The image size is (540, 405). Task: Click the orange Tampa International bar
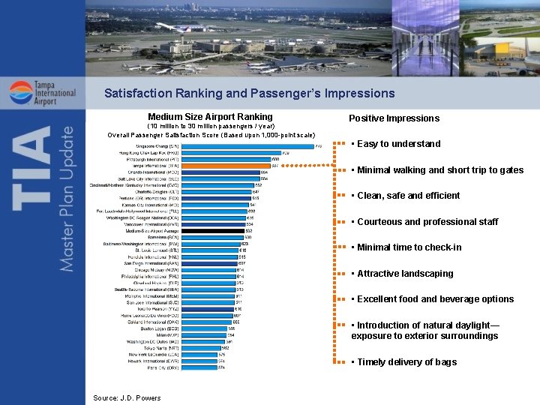(225, 166)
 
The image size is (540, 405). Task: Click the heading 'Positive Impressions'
(394, 118)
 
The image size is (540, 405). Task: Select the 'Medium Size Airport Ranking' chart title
(210, 117)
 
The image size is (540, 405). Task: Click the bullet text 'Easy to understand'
(398, 144)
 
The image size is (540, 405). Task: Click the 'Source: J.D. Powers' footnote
(127, 397)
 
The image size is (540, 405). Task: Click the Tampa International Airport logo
(43, 96)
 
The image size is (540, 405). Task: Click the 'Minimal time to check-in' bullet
(409, 247)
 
